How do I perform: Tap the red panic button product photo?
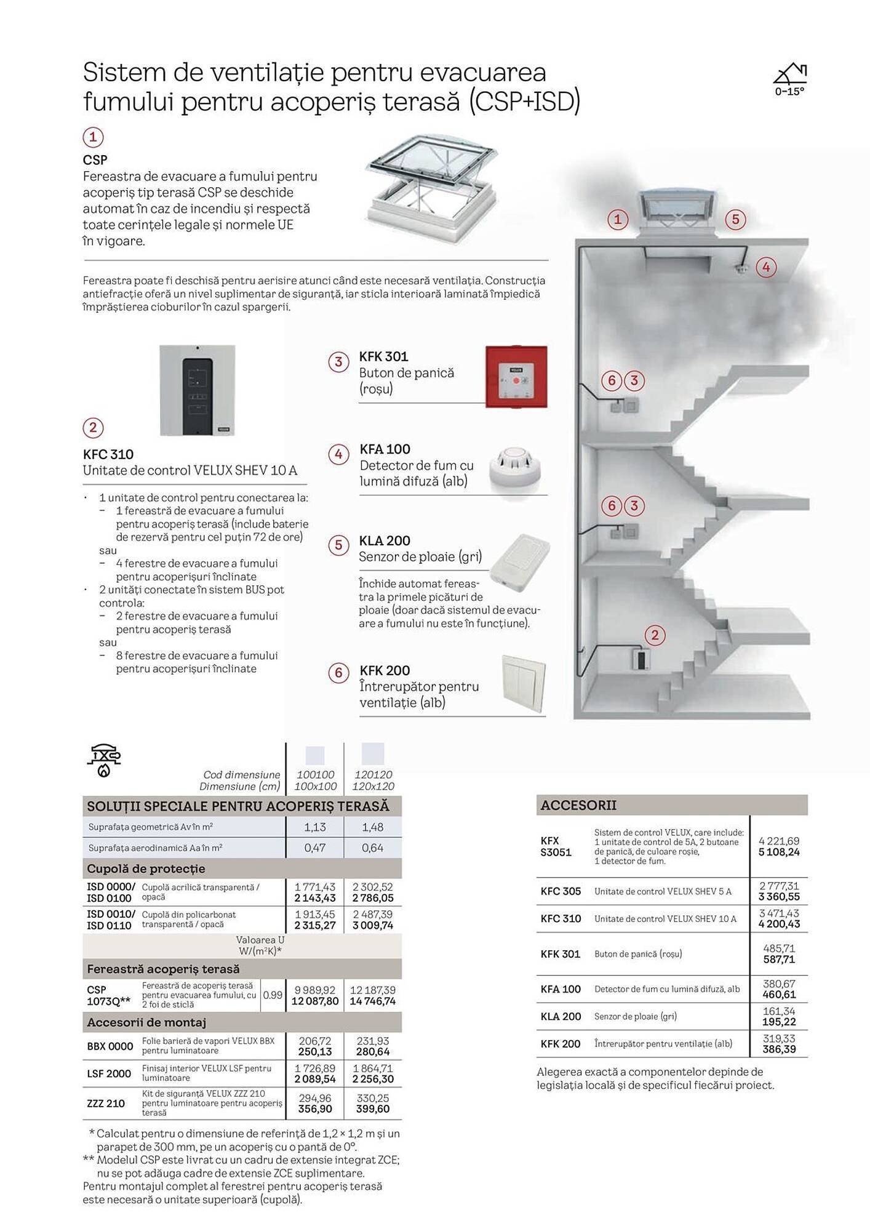coord(516,377)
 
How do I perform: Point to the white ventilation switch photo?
coord(524,684)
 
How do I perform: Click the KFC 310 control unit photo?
coord(197,390)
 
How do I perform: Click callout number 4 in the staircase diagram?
coord(766,267)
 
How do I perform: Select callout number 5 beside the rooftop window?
coord(735,219)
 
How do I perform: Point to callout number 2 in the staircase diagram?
coord(655,635)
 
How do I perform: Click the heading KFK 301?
coord(383,356)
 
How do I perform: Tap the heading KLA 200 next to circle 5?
coord(385,540)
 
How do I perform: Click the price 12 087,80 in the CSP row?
coord(315,1001)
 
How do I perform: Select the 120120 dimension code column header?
coord(373,774)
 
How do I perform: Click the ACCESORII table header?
coord(578,805)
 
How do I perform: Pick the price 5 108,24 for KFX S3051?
coord(779,852)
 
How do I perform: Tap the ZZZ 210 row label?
coord(106,1103)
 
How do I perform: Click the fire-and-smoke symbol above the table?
coord(103,761)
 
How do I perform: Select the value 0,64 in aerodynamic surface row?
coord(373,848)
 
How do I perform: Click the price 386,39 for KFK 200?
coord(779,1049)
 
